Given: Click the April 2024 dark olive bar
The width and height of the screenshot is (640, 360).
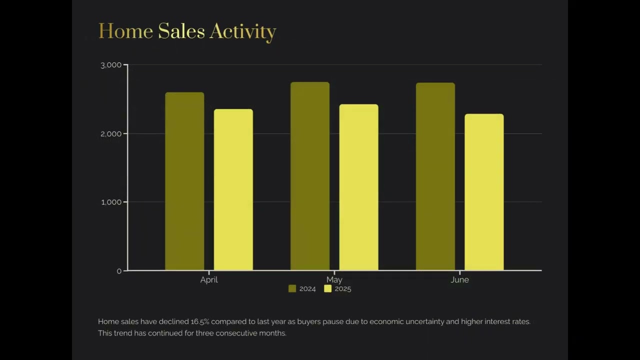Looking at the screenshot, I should click(184, 181).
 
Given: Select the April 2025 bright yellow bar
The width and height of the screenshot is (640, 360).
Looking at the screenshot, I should click(233, 189).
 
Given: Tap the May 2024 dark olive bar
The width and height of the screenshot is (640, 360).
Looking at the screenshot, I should click(310, 176).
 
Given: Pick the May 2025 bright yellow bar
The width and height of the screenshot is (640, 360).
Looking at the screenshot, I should click(358, 187).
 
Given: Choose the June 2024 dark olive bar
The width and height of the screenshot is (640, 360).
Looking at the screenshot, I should click(435, 176).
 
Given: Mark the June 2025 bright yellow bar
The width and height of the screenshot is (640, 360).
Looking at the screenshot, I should click(484, 192).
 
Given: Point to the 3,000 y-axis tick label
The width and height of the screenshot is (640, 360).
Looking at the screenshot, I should click(111, 65).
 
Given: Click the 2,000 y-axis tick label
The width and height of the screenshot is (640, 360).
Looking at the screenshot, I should click(111, 133).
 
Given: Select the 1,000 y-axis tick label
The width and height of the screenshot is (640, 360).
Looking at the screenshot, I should click(111, 202).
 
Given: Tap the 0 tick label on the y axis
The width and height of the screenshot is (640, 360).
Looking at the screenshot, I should click(119, 271).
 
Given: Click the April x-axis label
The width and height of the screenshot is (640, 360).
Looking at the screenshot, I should click(209, 280).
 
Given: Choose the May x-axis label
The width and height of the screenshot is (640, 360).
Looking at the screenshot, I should click(334, 279).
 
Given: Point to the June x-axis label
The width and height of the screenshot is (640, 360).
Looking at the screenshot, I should click(459, 280).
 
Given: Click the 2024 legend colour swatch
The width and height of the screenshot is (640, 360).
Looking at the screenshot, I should click(292, 288).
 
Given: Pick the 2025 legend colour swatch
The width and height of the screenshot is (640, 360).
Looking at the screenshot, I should click(328, 288).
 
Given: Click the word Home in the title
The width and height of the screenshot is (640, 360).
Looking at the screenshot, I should click(125, 31).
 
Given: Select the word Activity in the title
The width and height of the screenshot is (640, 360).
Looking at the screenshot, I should click(242, 32).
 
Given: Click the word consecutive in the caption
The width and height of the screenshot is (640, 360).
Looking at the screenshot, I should click(236, 333).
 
